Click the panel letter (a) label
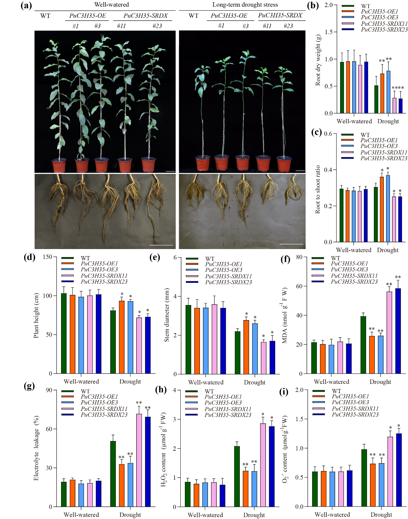point(26,6)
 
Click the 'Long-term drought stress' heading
point(245,5)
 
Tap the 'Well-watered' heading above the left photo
point(111,5)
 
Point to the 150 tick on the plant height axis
point(48,257)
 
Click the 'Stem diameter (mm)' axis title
point(167,315)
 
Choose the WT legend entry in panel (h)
point(209,392)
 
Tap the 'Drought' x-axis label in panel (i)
point(381,514)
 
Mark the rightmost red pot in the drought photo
point(284,164)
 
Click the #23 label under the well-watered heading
point(157,26)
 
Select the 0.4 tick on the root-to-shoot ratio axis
point(328,170)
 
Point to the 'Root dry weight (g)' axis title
point(318,60)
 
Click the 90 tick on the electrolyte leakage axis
point(49,390)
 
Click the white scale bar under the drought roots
point(294,244)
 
